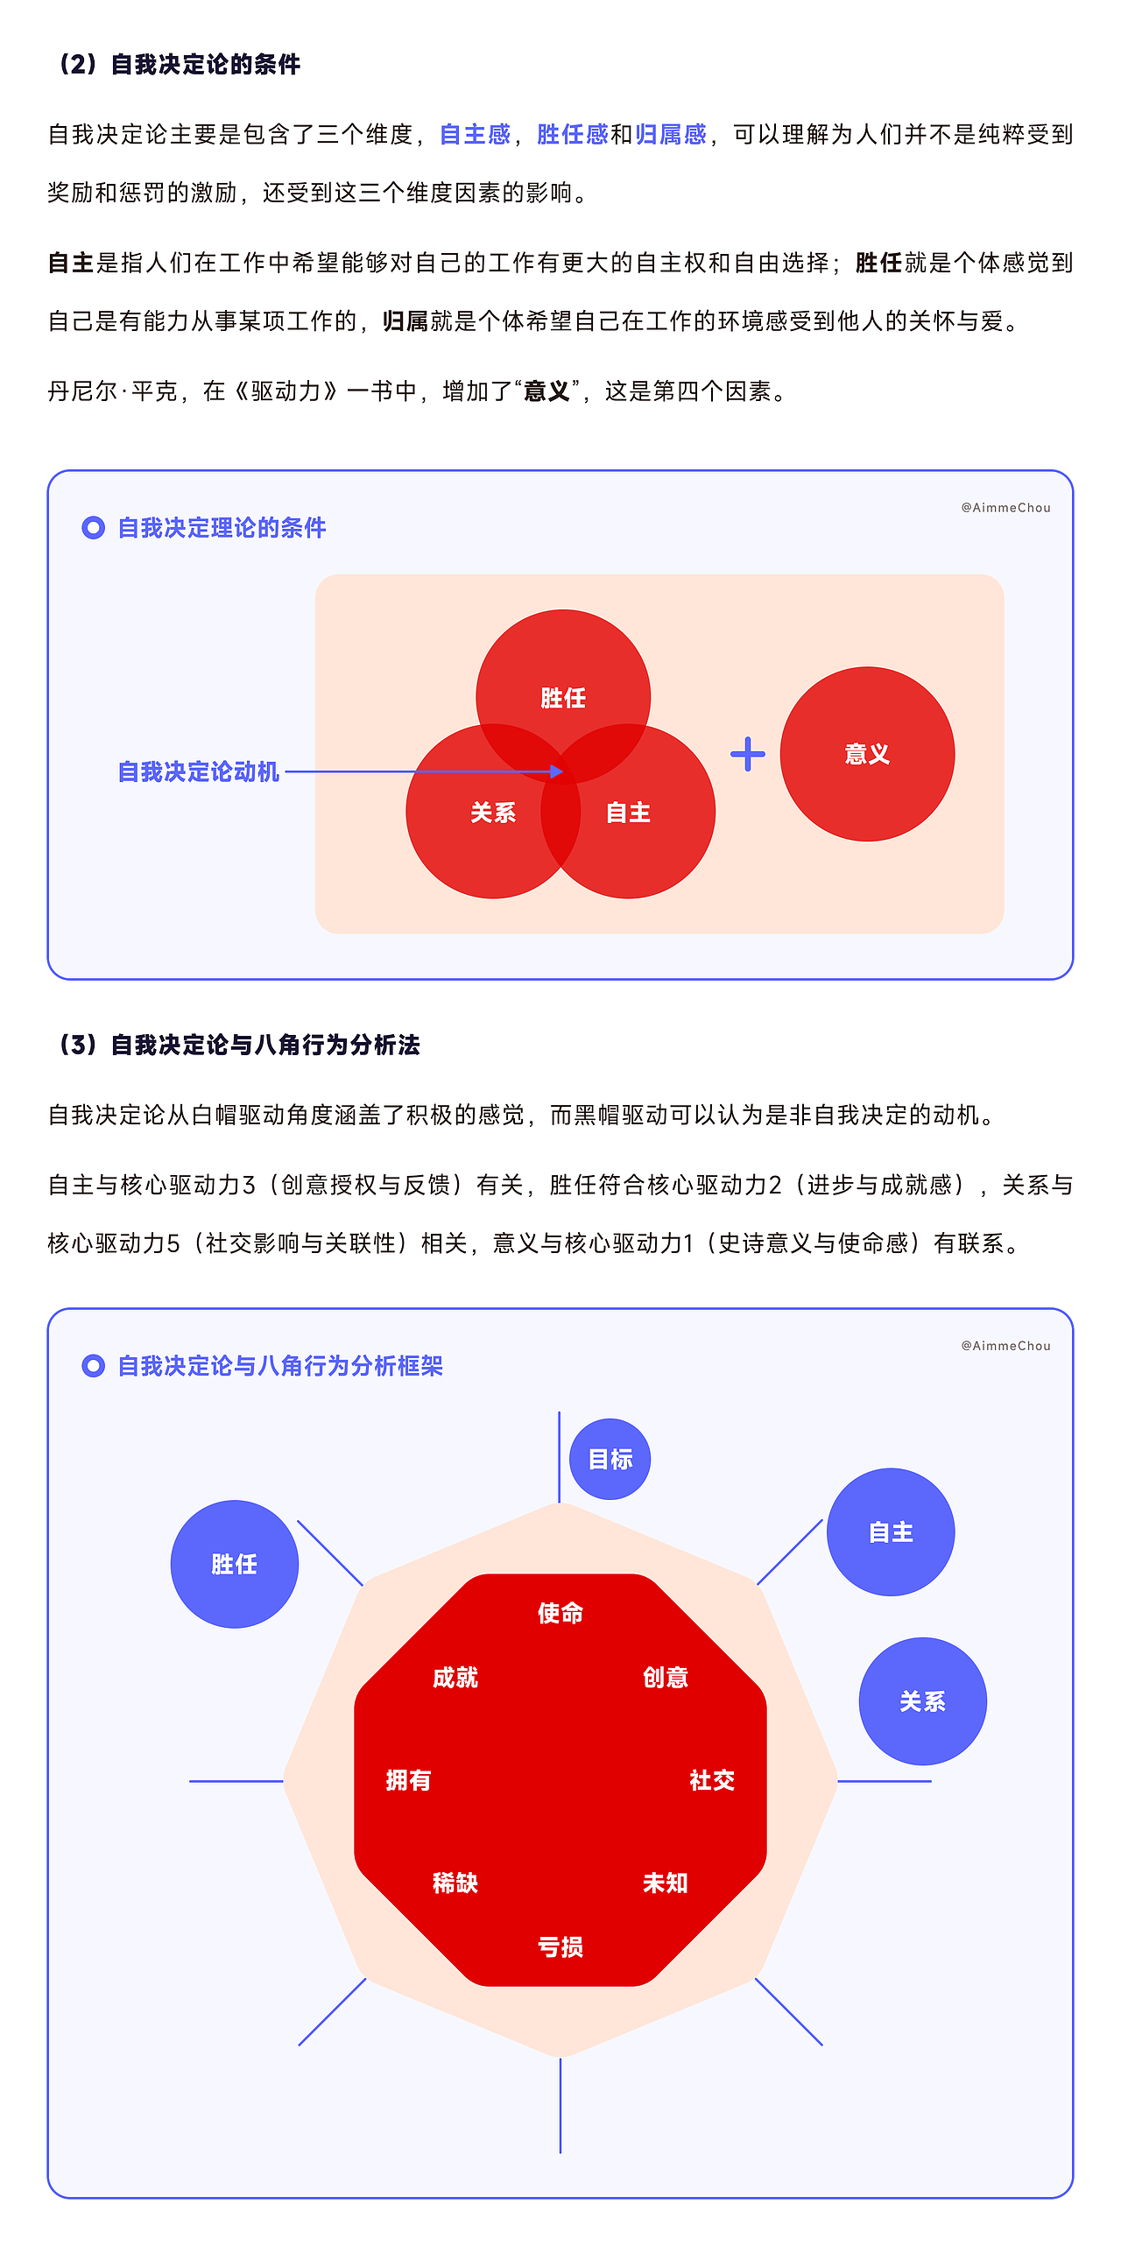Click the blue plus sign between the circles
(747, 754)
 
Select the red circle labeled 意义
(867, 754)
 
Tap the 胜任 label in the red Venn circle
(563, 698)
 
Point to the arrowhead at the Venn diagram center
(556, 771)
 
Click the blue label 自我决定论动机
(199, 771)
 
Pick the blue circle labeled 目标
(610, 1459)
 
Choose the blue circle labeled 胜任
(235, 1564)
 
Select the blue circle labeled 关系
(922, 1701)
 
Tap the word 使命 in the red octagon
(560, 1613)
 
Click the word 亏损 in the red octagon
(560, 1947)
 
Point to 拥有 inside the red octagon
(408, 1780)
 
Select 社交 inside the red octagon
(712, 1780)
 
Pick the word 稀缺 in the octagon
(455, 1883)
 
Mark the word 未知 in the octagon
(666, 1883)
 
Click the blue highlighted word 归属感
(671, 134)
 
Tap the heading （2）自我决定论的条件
(175, 64)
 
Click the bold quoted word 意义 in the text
(547, 391)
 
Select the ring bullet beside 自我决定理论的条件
(93, 527)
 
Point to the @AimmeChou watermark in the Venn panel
(1005, 508)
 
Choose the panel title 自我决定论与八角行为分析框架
(280, 1366)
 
